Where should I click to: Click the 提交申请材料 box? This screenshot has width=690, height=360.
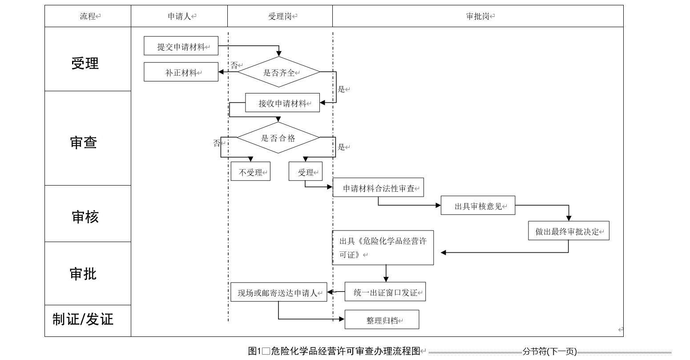coord(181,46)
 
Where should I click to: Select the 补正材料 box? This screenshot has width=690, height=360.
coord(181,73)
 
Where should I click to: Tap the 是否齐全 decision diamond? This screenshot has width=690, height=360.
coord(279,72)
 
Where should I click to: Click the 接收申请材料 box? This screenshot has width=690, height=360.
coord(282,103)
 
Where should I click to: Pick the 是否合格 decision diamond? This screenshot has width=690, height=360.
coord(278,138)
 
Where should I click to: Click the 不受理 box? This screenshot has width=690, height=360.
coord(250,172)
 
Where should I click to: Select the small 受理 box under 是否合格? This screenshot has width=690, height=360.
coord(306,172)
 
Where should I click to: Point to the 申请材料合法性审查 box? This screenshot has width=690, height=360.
coord(378,188)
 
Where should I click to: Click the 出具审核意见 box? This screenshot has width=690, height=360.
coord(478,206)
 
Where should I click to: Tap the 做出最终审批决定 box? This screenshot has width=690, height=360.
coord(568,231)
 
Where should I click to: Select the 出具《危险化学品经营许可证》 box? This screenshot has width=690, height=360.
coord(383,248)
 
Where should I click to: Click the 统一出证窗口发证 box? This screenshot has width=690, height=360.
coord(385,292)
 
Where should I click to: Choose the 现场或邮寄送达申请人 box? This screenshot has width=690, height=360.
coord(278,293)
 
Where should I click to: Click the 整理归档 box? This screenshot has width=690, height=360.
coord(382,320)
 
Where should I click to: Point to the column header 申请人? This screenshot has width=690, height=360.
coord(179,16)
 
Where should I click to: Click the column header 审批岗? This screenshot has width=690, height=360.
coord(478,16)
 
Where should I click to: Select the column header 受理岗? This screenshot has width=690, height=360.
coord(280,16)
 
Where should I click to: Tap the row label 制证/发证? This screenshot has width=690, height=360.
coord(83,319)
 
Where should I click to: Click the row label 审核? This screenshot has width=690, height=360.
coord(85,217)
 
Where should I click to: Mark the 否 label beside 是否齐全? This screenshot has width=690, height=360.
coord(234,65)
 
